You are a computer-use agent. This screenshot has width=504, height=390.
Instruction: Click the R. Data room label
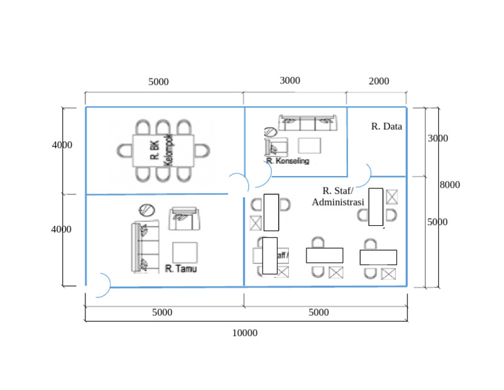pos(386,126)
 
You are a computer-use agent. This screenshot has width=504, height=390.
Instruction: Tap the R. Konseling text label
pos(287,161)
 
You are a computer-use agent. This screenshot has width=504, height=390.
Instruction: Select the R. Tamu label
pos(181,269)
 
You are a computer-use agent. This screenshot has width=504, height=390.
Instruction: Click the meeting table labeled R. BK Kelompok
pos(163,150)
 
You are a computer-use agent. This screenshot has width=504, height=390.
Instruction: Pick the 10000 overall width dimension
pos(245,333)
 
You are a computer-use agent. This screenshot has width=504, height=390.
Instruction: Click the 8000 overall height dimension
pos(450,185)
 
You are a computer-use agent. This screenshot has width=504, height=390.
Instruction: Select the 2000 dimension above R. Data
pos(379,81)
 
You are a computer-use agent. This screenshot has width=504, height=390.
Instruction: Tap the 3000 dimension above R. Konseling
pos(290,81)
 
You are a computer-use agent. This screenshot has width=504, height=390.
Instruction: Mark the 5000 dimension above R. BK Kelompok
pos(158,82)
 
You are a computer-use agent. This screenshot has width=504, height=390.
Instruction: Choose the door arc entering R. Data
pos(362,174)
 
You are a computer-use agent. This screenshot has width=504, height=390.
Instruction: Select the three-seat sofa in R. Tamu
pos(144,246)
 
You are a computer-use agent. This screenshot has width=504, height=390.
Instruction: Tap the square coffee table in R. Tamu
pos(184,253)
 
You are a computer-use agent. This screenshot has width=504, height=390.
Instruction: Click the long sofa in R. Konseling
pos(308,123)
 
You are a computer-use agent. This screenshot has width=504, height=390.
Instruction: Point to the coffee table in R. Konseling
pos(310,145)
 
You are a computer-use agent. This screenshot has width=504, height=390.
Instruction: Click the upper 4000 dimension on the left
pos(62,145)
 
